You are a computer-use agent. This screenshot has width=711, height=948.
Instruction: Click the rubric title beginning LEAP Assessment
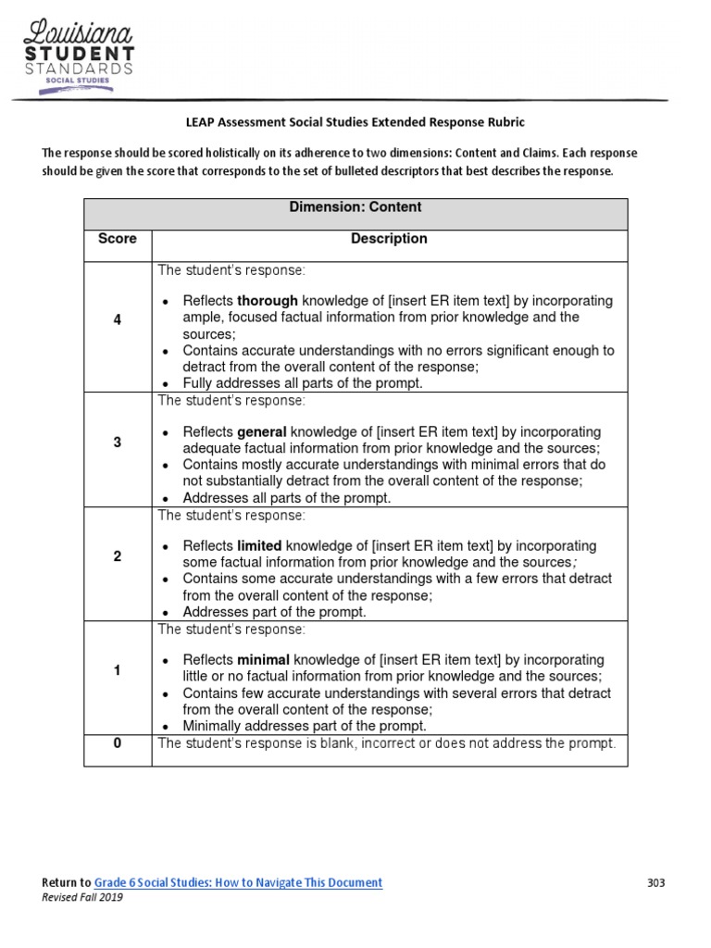coord(355,122)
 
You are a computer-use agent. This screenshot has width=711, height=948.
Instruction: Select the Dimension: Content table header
coord(355,207)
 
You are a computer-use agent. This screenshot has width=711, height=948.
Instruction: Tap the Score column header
coord(118,239)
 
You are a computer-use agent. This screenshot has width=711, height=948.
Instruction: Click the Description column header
coord(389,239)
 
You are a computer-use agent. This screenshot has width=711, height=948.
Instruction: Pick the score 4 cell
coord(118,319)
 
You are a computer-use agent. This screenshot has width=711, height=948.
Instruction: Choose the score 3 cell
coord(118,443)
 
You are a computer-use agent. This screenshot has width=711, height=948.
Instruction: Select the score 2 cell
coord(118,556)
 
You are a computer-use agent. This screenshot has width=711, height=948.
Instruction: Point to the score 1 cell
coord(118,670)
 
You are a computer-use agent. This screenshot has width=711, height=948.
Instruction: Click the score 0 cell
coord(118,742)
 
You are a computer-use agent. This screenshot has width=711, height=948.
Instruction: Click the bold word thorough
coord(268,301)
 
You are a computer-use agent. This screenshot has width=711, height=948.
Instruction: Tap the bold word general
coord(264,432)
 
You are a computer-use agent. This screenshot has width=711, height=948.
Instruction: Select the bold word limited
coord(260,546)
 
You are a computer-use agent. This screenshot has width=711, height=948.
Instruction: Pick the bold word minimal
coord(264,660)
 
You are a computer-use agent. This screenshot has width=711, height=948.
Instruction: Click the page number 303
coord(655,882)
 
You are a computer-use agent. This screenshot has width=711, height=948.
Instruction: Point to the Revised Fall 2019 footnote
coord(82,898)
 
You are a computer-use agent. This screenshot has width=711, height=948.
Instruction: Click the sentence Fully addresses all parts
coord(303,383)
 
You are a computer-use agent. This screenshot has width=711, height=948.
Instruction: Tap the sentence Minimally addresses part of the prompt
coord(305,726)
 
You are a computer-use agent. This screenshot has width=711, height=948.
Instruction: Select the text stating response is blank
coord(386,742)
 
